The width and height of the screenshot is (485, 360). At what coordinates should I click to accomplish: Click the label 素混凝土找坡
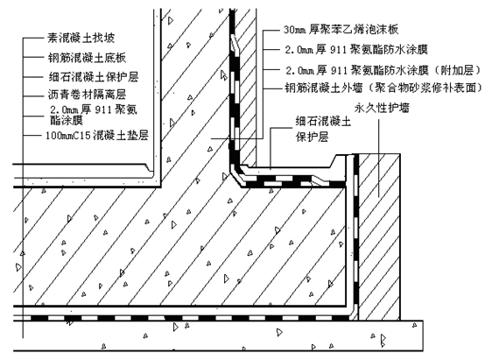(x=81, y=38)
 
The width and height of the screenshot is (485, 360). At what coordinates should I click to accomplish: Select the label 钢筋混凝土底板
(x=87, y=58)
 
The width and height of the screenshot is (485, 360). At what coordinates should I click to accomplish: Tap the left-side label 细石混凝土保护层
(x=94, y=77)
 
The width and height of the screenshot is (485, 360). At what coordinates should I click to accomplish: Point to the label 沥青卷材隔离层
(x=87, y=95)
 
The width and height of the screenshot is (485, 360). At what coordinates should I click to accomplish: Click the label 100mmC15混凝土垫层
(x=97, y=135)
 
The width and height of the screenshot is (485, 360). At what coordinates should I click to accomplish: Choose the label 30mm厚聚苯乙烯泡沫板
(x=341, y=30)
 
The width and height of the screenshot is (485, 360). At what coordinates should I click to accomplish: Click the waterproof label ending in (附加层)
(x=383, y=71)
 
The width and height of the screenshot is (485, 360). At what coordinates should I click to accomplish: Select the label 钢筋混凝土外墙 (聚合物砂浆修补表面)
(x=383, y=88)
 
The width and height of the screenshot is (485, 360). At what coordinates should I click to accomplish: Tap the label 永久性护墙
(x=382, y=108)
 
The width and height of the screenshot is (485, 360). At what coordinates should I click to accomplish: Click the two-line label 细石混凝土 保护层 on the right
(x=323, y=129)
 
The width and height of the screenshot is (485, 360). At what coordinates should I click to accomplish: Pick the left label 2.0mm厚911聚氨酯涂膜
(x=94, y=115)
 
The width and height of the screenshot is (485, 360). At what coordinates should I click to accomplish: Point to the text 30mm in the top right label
(x=295, y=30)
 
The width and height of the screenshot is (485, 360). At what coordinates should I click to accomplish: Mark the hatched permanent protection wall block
(x=379, y=236)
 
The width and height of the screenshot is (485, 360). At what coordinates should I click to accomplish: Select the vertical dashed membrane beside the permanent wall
(x=355, y=236)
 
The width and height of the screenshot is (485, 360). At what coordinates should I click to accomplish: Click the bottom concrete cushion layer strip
(x=218, y=335)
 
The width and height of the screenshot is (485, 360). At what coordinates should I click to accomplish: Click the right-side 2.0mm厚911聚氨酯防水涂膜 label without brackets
(x=356, y=49)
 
